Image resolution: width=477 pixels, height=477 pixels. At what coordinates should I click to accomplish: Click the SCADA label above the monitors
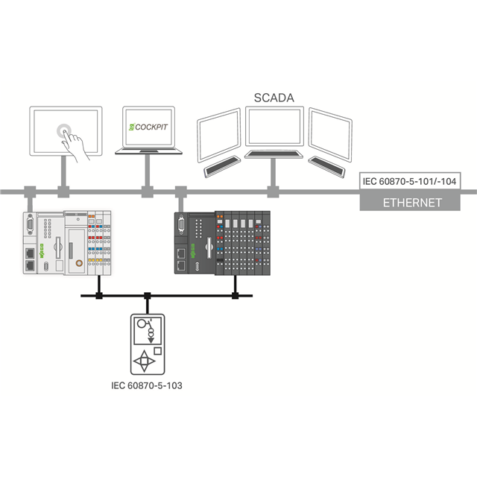pos(273,98)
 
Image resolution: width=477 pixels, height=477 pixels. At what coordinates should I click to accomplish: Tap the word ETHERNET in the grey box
pos(412,203)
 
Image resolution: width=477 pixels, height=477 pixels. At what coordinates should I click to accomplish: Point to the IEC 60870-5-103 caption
pos(146,386)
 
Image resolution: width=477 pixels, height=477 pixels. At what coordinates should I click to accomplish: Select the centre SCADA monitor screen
pos(275,129)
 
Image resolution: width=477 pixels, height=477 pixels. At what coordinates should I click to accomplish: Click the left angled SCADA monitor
pos(218,133)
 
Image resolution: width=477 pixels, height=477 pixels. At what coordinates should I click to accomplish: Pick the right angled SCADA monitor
pos(330,133)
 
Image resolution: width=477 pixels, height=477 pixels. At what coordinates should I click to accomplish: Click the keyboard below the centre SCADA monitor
pos(274,154)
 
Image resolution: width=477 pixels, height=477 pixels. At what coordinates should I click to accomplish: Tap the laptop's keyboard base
pos(148,151)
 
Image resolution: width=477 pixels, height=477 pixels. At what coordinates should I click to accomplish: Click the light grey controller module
pos(67,243)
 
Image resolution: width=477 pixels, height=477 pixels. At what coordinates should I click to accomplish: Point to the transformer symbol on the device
pos(142,329)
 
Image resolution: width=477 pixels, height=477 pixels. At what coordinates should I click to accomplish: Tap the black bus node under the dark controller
pos(235,296)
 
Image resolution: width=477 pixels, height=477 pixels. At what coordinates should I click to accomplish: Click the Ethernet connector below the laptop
pos(147,192)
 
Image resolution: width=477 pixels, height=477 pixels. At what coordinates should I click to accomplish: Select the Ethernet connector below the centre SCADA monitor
pos(272,192)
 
